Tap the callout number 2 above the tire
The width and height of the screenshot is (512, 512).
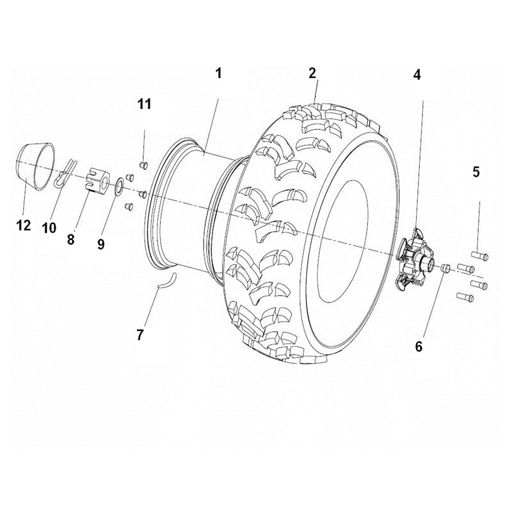[312, 73]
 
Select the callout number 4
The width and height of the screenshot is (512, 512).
[417, 74]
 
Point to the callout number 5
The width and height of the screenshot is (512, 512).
[476, 172]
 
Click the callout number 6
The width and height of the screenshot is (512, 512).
[419, 346]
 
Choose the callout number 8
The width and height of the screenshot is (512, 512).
[70, 239]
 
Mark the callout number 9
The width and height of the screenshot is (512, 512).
[100, 244]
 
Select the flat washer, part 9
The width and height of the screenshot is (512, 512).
[119, 189]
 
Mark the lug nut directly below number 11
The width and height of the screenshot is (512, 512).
[143, 164]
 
